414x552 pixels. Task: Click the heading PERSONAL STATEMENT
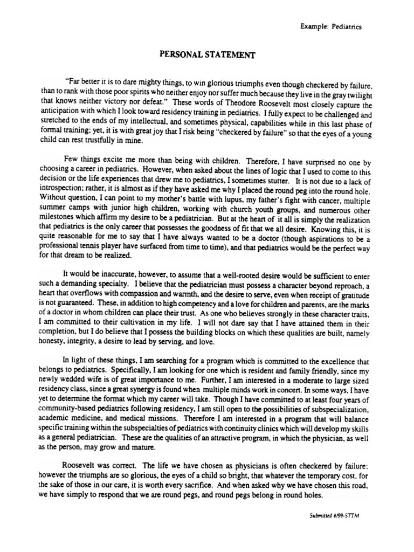(x=207, y=55)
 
